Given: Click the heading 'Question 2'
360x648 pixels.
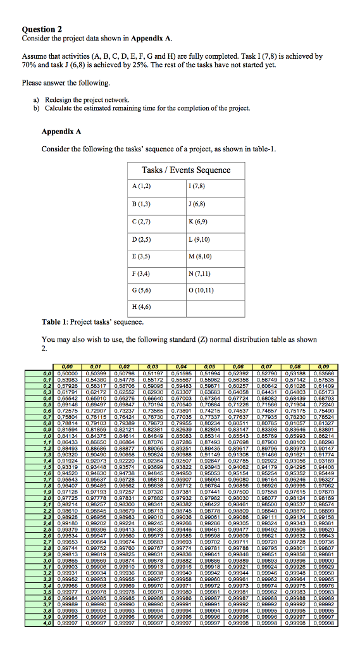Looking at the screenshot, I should coord(42,29).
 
